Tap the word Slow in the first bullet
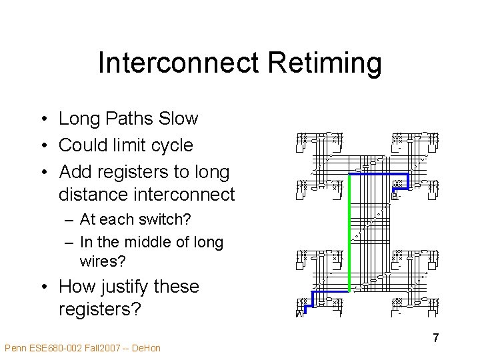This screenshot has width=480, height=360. tap(179, 119)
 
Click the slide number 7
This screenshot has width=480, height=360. tap(435, 338)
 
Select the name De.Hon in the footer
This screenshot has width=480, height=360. tap(146, 348)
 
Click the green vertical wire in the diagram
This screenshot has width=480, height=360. tap(349, 233)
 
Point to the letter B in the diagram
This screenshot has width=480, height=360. tap(395, 196)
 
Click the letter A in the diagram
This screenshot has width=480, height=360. tap(299, 313)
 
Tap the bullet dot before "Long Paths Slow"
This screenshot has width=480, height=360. tap(42, 119)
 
